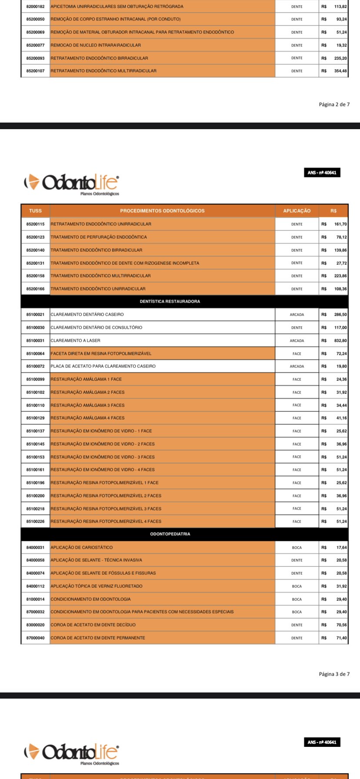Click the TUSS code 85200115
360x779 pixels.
coord(35,224)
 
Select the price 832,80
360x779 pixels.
coord(340,341)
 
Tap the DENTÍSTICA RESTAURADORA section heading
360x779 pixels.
coord(170,301)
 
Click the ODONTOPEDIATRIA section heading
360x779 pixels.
coord(170,534)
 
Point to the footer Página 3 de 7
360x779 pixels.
coord(334,674)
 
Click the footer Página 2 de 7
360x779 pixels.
coord(334,104)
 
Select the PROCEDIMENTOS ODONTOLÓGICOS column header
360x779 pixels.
coord(162,211)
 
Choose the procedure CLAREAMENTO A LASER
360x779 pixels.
coord(75,341)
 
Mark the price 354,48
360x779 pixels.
coord(340,71)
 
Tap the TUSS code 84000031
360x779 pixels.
coord(35,548)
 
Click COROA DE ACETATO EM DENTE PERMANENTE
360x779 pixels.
coord(98,638)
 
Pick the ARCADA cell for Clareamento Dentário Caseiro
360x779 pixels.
coord(297,315)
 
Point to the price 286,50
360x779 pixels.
coord(340,315)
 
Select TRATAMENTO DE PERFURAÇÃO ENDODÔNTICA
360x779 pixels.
coord(99,237)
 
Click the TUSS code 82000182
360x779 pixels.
coord(35,7)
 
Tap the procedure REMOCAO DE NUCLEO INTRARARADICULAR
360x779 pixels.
coord(96,45)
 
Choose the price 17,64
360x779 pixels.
coord(341,548)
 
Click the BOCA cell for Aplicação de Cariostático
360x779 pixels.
coord(297,548)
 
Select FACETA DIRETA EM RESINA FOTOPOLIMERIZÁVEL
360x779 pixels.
coord(101,354)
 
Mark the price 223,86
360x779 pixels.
coord(340,276)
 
